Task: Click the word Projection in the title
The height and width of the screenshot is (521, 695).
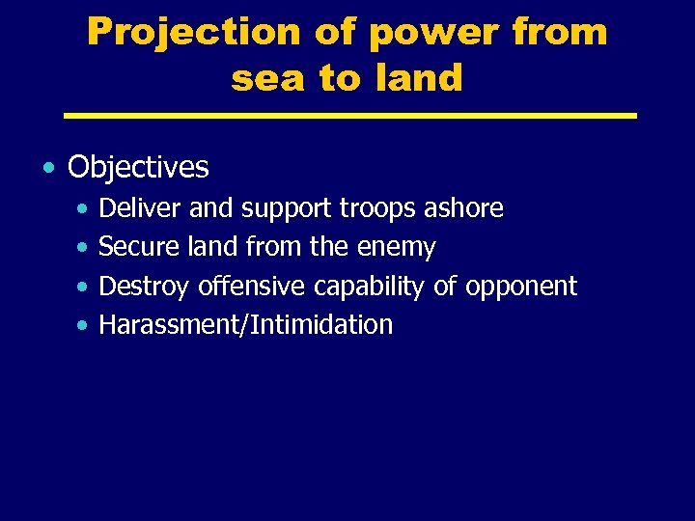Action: tap(192, 33)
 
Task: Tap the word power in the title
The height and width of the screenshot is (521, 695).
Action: tap(420, 33)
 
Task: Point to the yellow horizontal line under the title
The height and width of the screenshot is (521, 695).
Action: tap(349, 116)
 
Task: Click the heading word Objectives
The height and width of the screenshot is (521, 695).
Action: tap(138, 167)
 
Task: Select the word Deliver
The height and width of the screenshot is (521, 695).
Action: tap(141, 208)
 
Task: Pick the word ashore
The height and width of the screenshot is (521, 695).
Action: tap(465, 208)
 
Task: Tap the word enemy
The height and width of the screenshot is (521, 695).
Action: tap(397, 248)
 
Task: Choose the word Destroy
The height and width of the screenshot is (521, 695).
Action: tap(145, 287)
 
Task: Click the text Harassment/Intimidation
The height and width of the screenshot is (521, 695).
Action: tap(246, 325)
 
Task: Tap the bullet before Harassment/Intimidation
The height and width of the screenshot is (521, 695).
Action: tap(84, 326)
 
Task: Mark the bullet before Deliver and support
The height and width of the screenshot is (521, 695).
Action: tap(84, 209)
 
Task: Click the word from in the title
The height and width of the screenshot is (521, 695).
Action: tap(560, 33)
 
